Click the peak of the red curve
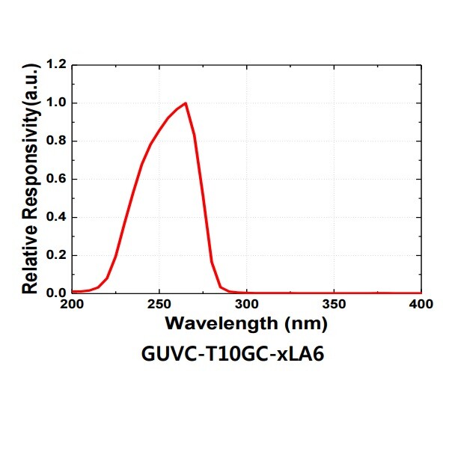coord(185,103)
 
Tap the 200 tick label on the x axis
coord(73,305)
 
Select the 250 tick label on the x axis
coord(159,305)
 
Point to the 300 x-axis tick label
coord(247,305)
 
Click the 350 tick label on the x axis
coord(335,305)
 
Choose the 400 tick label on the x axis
coord(421,305)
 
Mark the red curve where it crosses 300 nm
coord(247,293)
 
